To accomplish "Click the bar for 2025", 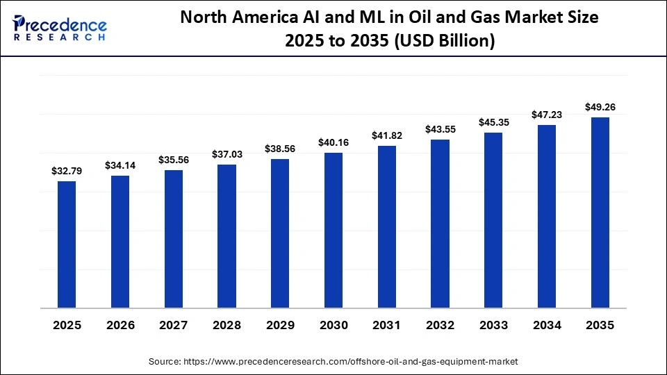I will pyautogui.click(x=67, y=244).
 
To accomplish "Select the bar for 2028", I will pyautogui.click(x=227, y=236).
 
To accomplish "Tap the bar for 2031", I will pyautogui.click(x=387, y=226).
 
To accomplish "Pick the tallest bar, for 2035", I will pyautogui.click(x=600, y=212).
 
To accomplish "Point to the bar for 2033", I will pyautogui.click(x=493, y=220).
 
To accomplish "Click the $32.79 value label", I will pyautogui.click(x=67, y=170).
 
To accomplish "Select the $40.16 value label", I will pyautogui.click(x=333, y=142).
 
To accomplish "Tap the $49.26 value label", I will pyautogui.click(x=600, y=107).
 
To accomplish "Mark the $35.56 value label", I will pyautogui.click(x=174, y=160).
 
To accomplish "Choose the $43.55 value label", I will pyautogui.click(x=440, y=129).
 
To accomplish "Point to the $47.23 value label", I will pyautogui.click(x=547, y=114).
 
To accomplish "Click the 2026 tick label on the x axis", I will pyautogui.click(x=120, y=325).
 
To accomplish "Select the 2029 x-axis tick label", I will pyautogui.click(x=280, y=325).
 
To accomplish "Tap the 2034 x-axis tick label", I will pyautogui.click(x=547, y=325).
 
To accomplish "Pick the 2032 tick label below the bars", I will pyautogui.click(x=440, y=325).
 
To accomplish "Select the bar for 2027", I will pyautogui.click(x=174, y=239).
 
